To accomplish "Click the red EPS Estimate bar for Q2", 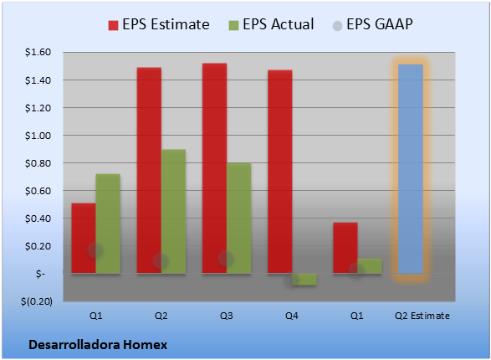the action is pyautogui.click(x=149, y=170).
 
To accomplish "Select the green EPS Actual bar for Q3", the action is pyautogui.click(x=239, y=218).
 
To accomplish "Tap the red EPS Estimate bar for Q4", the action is pyautogui.click(x=280, y=172).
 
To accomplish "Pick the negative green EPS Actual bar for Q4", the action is pyautogui.click(x=304, y=279).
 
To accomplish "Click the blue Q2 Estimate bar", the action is pyautogui.click(x=411, y=169).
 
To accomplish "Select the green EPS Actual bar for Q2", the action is pyautogui.click(x=173, y=212).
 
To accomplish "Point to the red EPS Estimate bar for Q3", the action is pyautogui.click(x=214, y=168).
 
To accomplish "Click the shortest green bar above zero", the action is pyautogui.click(x=370, y=265).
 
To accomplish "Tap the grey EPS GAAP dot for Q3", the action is pyautogui.click(x=226, y=259).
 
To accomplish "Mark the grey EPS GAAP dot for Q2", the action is pyautogui.click(x=161, y=260).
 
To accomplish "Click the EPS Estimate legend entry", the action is pyautogui.click(x=159, y=24).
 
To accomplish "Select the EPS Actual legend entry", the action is pyautogui.click(x=271, y=24).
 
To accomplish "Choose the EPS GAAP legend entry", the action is pyautogui.click(x=372, y=24).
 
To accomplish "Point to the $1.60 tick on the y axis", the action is pyautogui.click(x=38, y=52).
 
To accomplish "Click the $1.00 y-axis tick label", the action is pyautogui.click(x=38, y=136).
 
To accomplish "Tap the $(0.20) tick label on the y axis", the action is pyautogui.click(x=37, y=301).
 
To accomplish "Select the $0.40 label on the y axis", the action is pyautogui.click(x=38, y=219).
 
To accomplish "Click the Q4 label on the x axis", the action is pyautogui.click(x=292, y=316).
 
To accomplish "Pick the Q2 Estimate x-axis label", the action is pyautogui.click(x=422, y=316).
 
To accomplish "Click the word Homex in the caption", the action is pyautogui.click(x=145, y=345).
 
